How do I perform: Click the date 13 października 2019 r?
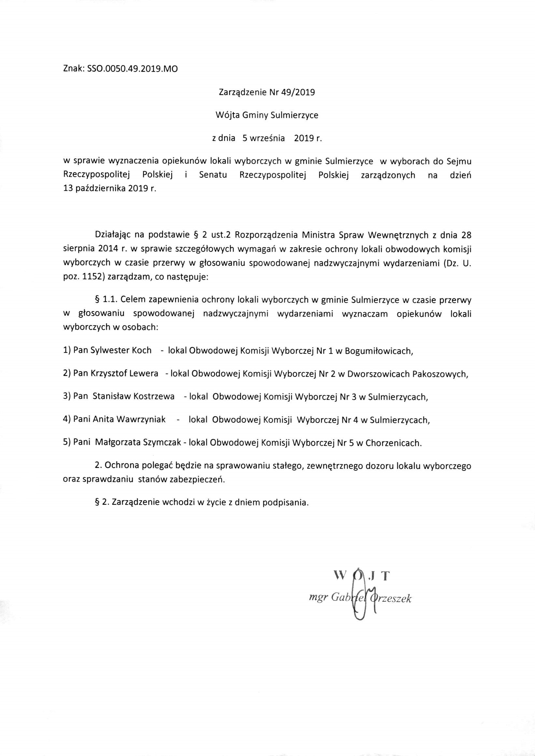(109, 189)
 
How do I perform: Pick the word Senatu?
(213, 175)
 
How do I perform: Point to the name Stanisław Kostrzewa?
(134, 397)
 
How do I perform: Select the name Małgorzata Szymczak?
(138, 443)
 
